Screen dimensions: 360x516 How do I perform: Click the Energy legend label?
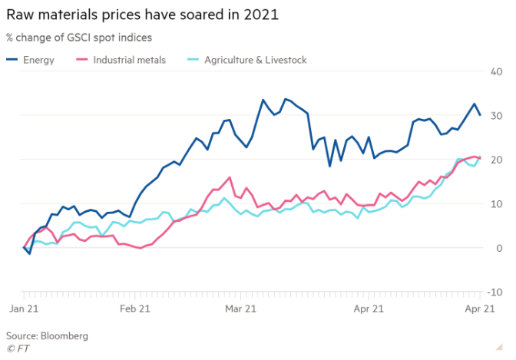[x=39, y=60]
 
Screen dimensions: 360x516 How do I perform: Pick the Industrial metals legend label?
[x=129, y=60]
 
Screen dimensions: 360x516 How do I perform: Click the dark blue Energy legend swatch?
[x=13, y=60]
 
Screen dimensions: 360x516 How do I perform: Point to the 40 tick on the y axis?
[x=496, y=71]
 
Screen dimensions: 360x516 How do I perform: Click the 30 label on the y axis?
[x=496, y=115]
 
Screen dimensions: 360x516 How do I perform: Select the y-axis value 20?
[x=496, y=160]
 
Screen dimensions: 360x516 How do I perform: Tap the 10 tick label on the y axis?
[x=496, y=203]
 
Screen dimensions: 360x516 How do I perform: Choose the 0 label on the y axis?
[x=498, y=248]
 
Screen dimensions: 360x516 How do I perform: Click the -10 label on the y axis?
[x=495, y=292]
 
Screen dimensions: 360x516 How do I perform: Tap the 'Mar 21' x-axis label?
[x=240, y=309]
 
